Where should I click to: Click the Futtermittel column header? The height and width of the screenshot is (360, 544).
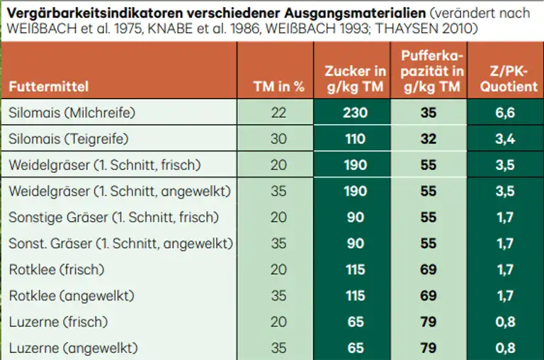[x=49, y=87]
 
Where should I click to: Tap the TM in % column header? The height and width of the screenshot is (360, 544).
[x=278, y=87]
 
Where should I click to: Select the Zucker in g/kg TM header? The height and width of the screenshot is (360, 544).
[x=355, y=79]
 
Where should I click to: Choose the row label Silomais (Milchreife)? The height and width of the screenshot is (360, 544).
[x=72, y=113]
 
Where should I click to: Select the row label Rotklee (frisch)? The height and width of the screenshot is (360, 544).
[x=57, y=270]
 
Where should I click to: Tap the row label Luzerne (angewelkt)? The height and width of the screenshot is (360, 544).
[x=73, y=348]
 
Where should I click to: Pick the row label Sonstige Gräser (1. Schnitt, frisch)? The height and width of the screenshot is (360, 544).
[x=114, y=218]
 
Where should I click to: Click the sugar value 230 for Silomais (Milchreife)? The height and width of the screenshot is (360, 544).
[x=355, y=113]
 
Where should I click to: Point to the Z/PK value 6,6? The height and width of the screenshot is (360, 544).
[x=505, y=113]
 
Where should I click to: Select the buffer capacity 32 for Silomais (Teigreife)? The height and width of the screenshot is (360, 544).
[x=428, y=139]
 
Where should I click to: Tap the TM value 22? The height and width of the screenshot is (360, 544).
[x=278, y=113]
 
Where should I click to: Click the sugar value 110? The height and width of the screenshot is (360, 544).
[x=355, y=139]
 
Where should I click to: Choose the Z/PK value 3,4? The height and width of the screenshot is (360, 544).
[x=505, y=139]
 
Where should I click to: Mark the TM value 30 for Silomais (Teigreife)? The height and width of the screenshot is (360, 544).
[x=278, y=139]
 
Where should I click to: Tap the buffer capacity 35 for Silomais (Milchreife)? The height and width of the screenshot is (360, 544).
[x=428, y=113]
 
